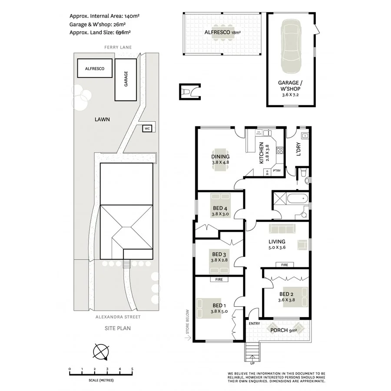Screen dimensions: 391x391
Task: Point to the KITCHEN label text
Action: (261, 153)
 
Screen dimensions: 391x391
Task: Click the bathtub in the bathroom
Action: (298, 199)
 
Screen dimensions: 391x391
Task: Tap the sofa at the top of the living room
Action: (282, 229)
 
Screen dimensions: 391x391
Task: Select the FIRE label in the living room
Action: (285, 265)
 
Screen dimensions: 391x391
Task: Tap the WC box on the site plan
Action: (147, 128)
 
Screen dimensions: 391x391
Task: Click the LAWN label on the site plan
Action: (103, 119)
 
